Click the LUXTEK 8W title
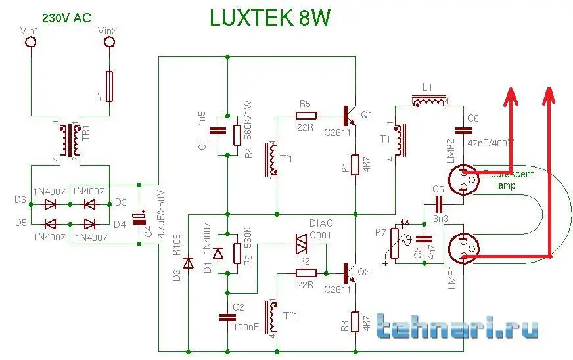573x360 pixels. click(270, 18)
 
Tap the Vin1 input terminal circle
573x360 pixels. click(30, 43)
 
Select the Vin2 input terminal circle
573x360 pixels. click(109, 43)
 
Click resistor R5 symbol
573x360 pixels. click(306, 116)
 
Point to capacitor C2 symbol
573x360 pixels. click(227, 317)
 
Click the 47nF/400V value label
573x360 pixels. click(491, 142)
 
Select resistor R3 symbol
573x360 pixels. click(355, 322)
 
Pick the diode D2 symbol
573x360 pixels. click(188, 263)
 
